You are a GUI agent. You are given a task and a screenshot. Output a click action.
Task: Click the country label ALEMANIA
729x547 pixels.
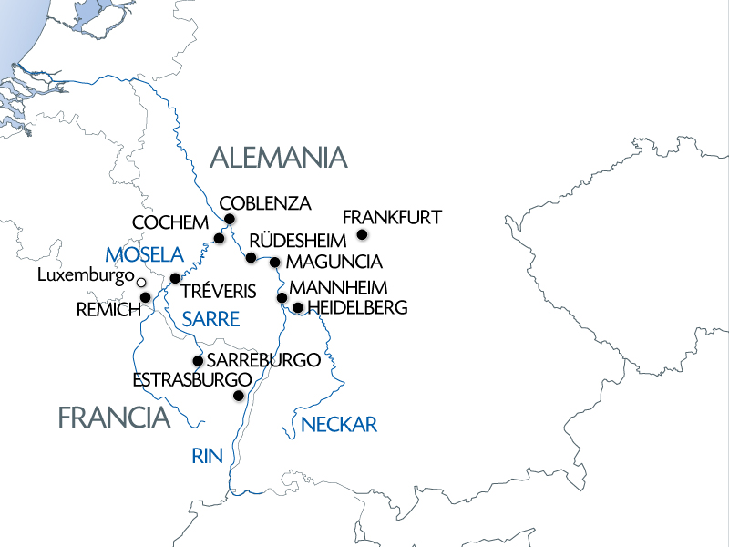click(279, 158)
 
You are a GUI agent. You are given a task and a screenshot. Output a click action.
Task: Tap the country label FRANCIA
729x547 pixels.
click(114, 418)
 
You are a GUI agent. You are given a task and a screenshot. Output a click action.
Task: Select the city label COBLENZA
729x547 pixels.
click(266, 202)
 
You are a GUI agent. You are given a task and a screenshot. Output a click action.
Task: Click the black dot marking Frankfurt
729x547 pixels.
click(362, 235)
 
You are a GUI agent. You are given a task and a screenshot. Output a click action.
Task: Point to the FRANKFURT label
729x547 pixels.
click(392, 217)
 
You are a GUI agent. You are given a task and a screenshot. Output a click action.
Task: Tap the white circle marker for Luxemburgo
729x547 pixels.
click(141, 284)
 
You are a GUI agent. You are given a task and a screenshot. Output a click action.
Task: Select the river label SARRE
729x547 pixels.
click(210, 319)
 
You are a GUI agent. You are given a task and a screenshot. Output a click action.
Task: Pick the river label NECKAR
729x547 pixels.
click(338, 424)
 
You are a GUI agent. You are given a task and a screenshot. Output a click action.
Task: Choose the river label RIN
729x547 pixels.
click(208, 457)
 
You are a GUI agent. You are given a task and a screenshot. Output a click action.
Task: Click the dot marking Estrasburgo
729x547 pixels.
click(239, 396)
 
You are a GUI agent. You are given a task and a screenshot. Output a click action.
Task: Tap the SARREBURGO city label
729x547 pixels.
click(263, 360)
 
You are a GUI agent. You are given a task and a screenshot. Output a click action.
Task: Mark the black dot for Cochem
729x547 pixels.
click(219, 239)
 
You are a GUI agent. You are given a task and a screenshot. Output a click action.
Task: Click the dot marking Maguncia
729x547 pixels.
click(274, 263)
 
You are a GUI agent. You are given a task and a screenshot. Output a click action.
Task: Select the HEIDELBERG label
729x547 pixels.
click(357, 308)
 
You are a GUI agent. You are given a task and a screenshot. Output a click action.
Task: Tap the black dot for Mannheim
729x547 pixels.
click(282, 297)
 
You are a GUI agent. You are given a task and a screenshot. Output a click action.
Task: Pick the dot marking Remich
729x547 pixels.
click(145, 298)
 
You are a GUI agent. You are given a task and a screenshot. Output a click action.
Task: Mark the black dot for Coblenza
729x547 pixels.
click(230, 219)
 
